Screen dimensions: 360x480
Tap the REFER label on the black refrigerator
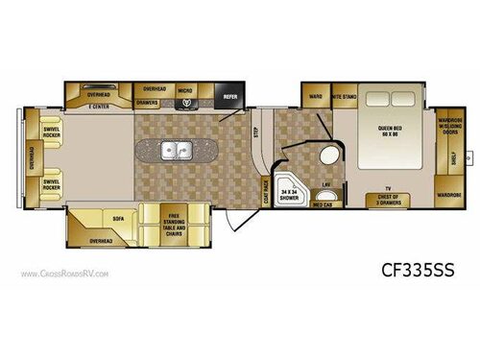[x=231, y=96]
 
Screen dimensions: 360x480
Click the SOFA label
[x=120, y=219]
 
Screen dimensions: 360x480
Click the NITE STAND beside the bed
[x=343, y=96]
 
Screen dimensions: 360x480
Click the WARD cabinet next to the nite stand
[x=316, y=96]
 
